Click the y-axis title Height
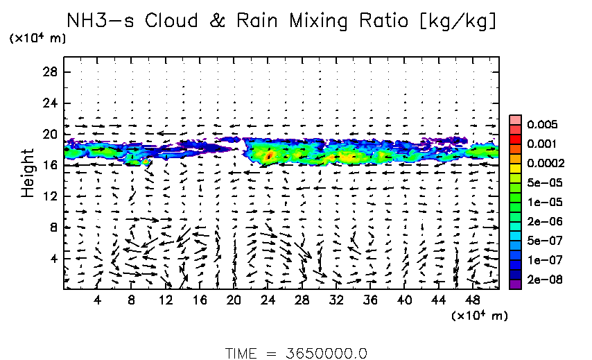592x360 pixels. (28, 172)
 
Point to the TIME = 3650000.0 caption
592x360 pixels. (296, 352)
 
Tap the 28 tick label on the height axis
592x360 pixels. (50, 72)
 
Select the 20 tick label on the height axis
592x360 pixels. (50, 134)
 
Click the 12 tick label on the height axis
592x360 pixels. (50, 196)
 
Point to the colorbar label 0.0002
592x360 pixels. (544, 164)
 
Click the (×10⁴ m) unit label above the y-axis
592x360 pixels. (38, 38)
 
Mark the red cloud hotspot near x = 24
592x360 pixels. (269, 156)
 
